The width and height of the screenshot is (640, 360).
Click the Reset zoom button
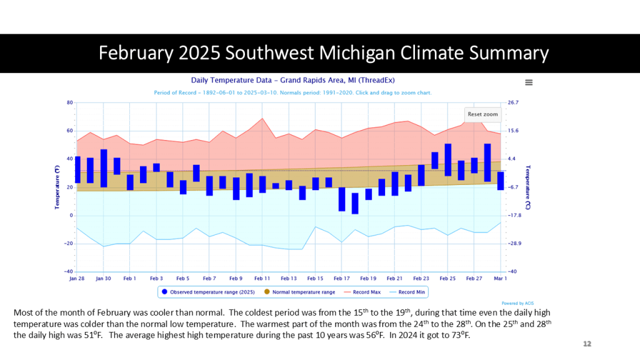click(x=483, y=114)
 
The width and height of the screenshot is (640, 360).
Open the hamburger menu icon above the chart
click(x=529, y=82)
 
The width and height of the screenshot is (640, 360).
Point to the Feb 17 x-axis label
click(x=342, y=278)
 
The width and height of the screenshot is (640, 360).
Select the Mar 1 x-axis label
click(x=501, y=278)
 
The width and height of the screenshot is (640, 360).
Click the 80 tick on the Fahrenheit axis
click(x=70, y=102)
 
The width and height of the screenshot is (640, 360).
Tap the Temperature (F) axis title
click(x=57, y=187)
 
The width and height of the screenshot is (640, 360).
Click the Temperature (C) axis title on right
click(x=528, y=187)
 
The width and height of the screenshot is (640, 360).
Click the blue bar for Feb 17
click(x=342, y=199)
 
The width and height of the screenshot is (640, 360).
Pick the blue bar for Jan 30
click(x=104, y=168)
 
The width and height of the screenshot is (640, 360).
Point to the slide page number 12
click(x=587, y=344)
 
